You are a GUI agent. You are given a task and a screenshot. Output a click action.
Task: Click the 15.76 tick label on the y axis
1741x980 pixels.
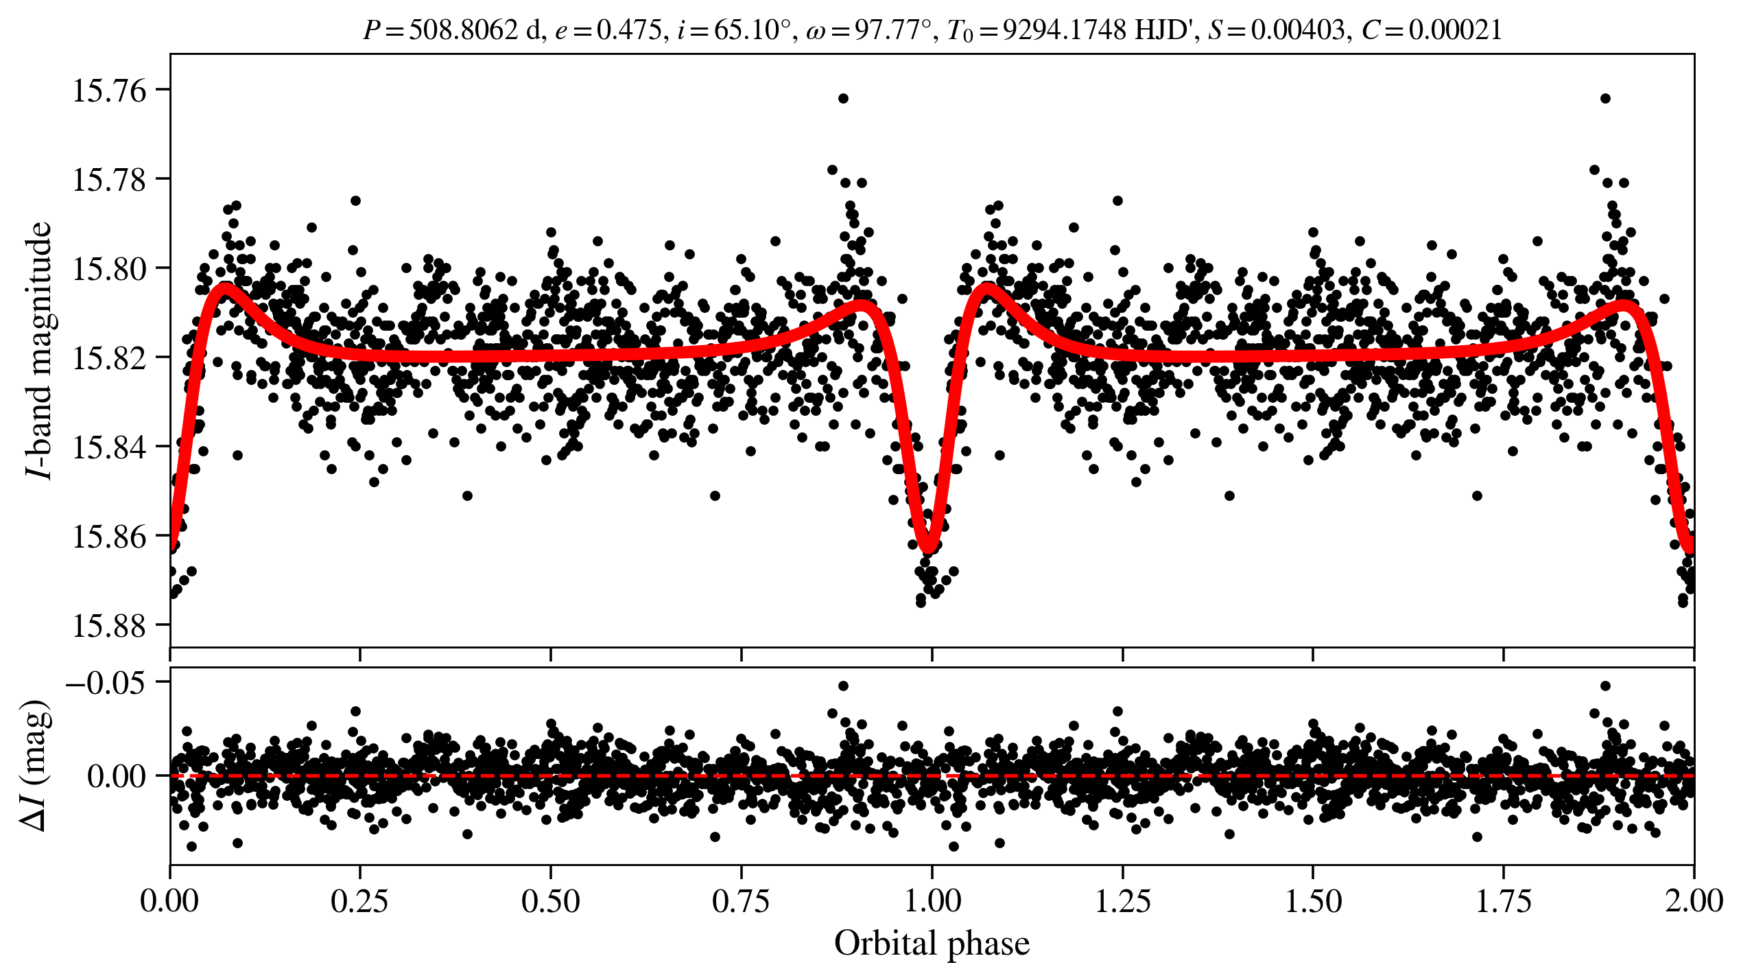109,91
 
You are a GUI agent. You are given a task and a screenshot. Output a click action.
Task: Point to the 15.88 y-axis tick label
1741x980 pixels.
109,625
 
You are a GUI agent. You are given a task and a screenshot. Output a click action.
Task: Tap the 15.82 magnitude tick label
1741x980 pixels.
109,358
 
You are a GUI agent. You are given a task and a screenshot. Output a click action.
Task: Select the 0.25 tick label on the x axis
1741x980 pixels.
360,901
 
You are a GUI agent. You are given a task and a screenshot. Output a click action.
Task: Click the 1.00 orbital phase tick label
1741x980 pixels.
932,901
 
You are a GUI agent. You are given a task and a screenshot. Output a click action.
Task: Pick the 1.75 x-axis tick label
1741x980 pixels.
1503,901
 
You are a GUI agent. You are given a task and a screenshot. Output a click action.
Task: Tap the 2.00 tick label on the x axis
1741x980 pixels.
1693,901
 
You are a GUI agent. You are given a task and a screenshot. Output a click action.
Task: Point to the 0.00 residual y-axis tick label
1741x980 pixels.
117,777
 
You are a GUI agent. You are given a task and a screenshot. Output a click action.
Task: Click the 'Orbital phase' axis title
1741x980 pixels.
932,944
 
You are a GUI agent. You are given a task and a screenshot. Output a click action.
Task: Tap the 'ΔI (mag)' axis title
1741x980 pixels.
36,766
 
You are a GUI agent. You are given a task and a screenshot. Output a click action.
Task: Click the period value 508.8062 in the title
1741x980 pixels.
463,30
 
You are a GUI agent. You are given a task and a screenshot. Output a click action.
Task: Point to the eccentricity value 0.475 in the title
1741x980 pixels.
628,30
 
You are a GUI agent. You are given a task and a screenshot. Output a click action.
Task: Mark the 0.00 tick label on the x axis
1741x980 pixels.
170,901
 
